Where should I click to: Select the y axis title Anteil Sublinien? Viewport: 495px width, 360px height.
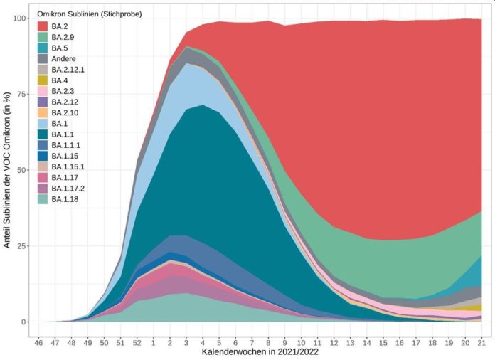(8, 171)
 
